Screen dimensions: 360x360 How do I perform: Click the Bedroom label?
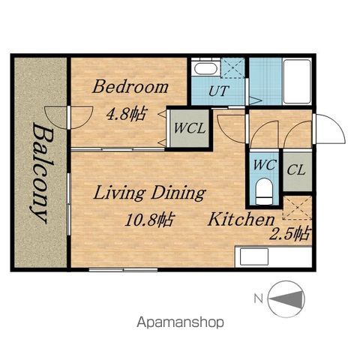[x=130, y=87]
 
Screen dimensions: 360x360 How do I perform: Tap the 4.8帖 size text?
[x=126, y=114]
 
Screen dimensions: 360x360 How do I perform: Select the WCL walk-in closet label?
[x=190, y=128]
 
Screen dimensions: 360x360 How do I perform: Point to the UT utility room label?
[x=219, y=91]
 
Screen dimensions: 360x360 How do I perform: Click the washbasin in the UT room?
[x=205, y=68]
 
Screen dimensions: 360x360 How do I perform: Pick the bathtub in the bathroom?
[x=297, y=81]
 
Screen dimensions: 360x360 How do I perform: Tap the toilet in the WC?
[x=264, y=191]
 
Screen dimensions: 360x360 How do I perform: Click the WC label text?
[x=265, y=165]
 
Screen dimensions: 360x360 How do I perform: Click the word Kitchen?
[x=241, y=219]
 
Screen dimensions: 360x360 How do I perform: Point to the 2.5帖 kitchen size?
[x=289, y=234]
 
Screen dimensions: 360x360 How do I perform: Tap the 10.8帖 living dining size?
[x=148, y=220]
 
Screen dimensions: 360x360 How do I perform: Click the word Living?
[x=119, y=193]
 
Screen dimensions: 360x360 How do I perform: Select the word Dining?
[x=178, y=193]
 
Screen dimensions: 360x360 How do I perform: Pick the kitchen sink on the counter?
[x=254, y=256]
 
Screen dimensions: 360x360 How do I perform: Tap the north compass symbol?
[x=286, y=299]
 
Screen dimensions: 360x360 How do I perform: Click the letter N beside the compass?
[x=259, y=298]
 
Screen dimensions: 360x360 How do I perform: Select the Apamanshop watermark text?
[x=180, y=322]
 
